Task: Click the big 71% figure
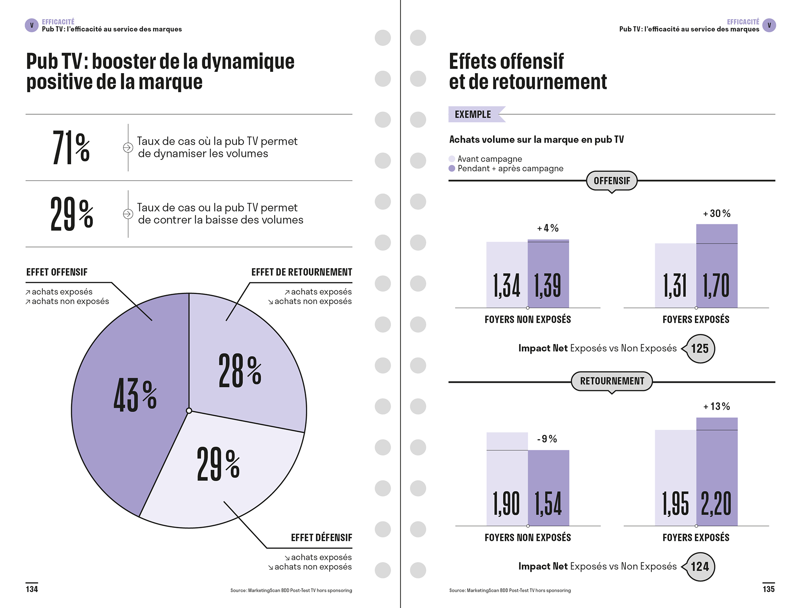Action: [x=71, y=147]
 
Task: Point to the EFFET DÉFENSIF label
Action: [x=322, y=538]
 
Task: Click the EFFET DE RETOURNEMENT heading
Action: [x=302, y=272]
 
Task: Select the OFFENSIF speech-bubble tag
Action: [x=612, y=181]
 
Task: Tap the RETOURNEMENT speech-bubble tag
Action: [x=612, y=382]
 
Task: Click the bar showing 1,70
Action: [x=717, y=266]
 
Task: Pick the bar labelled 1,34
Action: [x=507, y=275]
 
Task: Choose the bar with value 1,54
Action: [x=549, y=488]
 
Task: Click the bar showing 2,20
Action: [x=717, y=472]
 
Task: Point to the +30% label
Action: [x=717, y=214]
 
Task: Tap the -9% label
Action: [x=547, y=439]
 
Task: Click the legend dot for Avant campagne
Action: [x=452, y=159]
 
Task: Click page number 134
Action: [x=32, y=589]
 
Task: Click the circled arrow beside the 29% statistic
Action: [x=128, y=214]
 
